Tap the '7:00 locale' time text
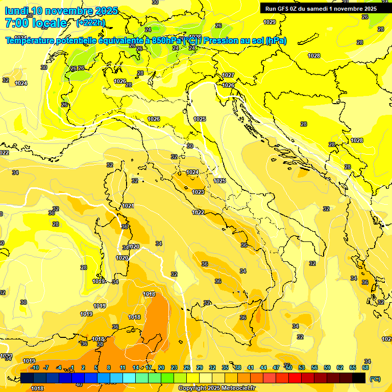(x=35, y=23)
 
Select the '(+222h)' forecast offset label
(x=90, y=23)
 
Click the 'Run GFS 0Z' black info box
(x=321, y=8)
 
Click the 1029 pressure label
(x=269, y=21)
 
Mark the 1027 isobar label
(x=228, y=75)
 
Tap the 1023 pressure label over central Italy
(x=199, y=192)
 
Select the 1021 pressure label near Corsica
(x=128, y=206)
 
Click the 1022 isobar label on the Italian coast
(x=199, y=212)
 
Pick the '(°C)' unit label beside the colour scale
(x=375, y=379)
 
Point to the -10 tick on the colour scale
(x=35, y=367)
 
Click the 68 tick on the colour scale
(x=365, y=367)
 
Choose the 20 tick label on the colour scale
(x=161, y=367)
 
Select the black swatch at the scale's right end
(x=359, y=378)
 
